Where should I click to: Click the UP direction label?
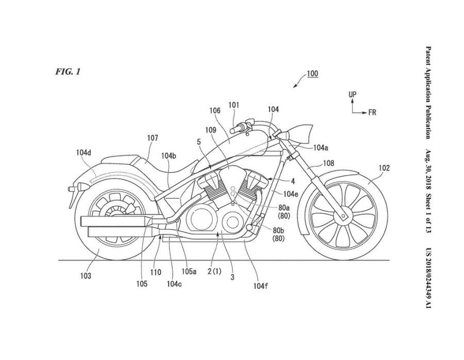352,95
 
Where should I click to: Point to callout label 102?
384,167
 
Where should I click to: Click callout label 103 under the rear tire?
86,276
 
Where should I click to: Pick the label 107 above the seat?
152,138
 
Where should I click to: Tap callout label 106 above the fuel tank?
215,110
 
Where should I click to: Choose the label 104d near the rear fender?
83,152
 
